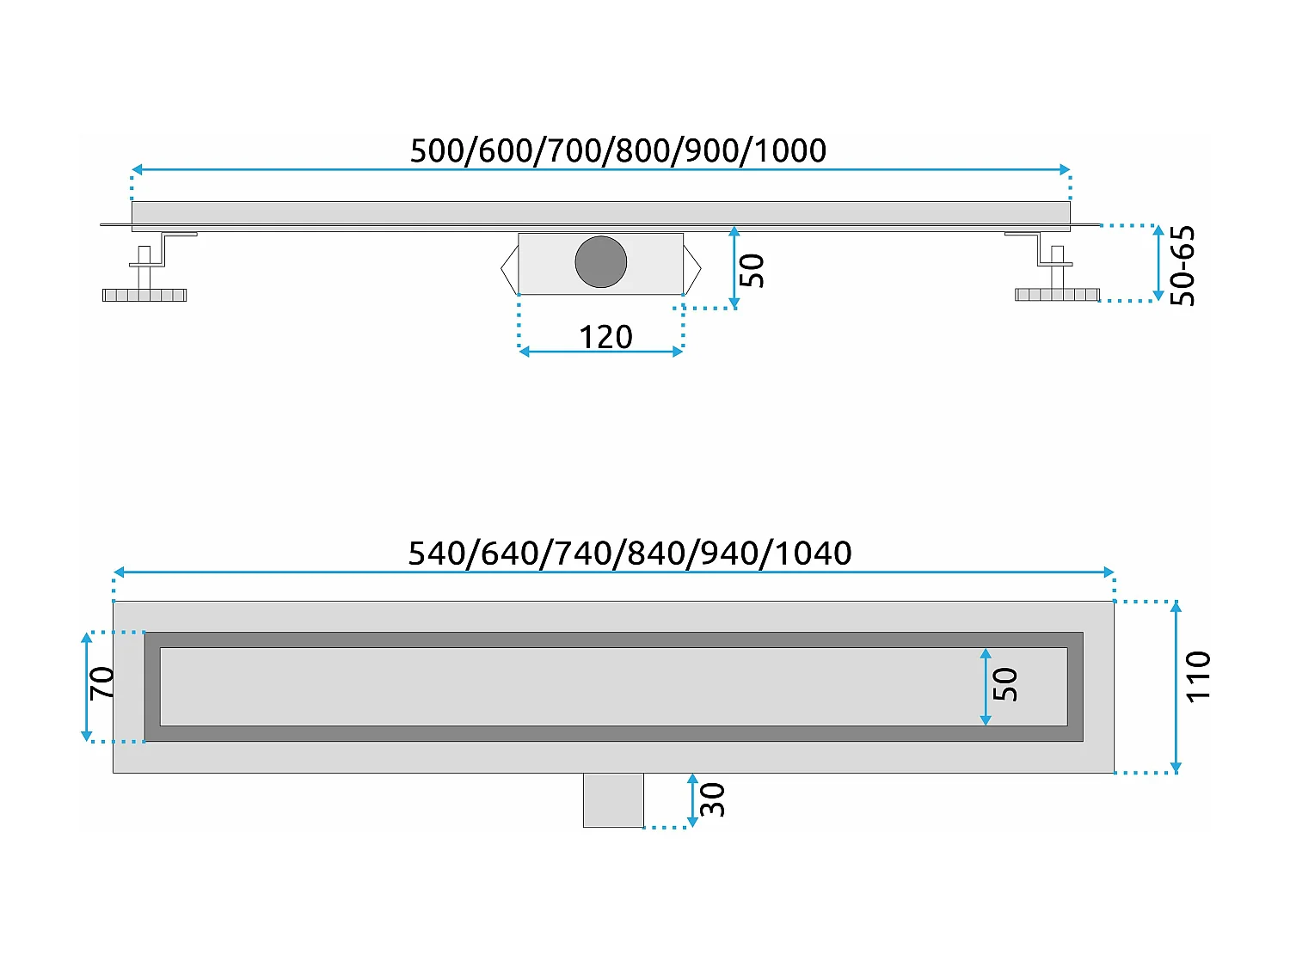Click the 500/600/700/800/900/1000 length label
[x=617, y=150]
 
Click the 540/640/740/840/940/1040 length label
[x=630, y=553]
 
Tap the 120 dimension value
[x=605, y=337]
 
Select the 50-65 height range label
[x=1183, y=266]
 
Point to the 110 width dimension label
[x=1198, y=677]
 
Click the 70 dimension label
[x=101, y=683]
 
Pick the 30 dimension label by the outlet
[x=713, y=799]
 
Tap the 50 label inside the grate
[x=1005, y=685]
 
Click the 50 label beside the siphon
[x=752, y=271]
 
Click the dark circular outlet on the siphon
[x=600, y=262]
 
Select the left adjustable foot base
[x=144, y=295]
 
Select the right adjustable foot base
[x=1057, y=295]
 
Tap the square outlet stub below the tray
[x=613, y=800]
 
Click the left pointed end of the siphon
[x=509, y=269]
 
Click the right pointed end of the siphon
[x=693, y=269]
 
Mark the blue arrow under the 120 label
[x=600, y=352]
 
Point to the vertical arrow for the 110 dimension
[x=1176, y=687]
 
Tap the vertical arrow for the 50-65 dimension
[x=1158, y=263]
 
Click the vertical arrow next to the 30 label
[x=692, y=800]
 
